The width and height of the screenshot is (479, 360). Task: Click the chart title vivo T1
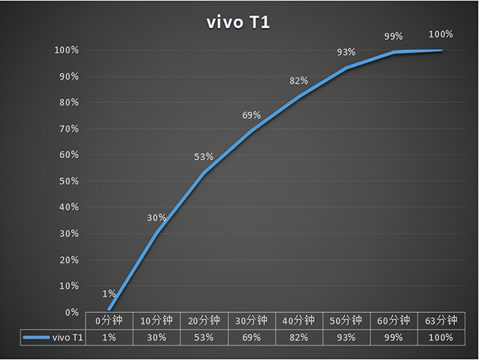pos(238,22)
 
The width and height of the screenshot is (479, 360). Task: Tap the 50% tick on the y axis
pos(67,181)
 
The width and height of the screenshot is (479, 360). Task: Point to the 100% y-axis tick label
pos(65,50)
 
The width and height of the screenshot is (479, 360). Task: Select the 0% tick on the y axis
pos(69,312)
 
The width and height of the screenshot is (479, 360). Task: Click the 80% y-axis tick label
pos(67,103)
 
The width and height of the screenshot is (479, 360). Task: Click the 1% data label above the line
pos(109,294)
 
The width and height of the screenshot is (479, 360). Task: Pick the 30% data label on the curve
pos(156,218)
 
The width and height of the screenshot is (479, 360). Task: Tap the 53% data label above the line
pos(204,156)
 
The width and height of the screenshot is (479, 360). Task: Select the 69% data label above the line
pos(251,116)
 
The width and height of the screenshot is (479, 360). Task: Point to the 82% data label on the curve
pos(299,81)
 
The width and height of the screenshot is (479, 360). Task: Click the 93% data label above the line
pos(346,53)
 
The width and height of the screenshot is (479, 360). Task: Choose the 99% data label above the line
pos(394,37)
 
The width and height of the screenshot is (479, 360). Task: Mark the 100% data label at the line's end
pos(441,34)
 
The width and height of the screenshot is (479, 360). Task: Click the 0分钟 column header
pos(109,321)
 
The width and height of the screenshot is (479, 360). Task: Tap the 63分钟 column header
pos(441,321)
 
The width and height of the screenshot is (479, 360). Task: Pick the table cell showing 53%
pos(204,338)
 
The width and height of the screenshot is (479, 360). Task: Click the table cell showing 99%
pos(394,338)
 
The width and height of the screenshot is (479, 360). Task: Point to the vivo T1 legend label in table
pos(67,338)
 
